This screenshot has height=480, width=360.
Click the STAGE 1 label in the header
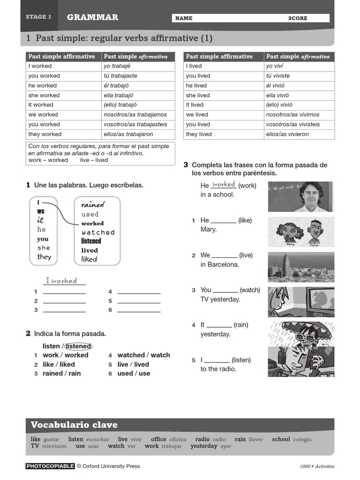[x=38, y=17]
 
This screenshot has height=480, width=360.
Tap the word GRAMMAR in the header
[x=92, y=17]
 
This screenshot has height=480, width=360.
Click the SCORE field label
[x=298, y=18]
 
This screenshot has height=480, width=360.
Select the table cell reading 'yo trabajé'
[x=117, y=66]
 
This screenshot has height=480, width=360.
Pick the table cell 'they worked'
[x=45, y=134]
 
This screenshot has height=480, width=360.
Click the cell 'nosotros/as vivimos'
[x=292, y=114]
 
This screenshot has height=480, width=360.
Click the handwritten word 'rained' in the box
[x=93, y=204]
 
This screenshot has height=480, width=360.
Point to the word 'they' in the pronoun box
[x=44, y=257]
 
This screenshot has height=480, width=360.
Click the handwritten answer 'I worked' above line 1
[x=64, y=281]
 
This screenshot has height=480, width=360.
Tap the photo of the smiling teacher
[x=301, y=196]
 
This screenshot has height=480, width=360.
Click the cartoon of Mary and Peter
[x=301, y=232]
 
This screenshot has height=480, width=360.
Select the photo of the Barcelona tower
[x=301, y=267]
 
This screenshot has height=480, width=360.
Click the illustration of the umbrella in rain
[x=301, y=337]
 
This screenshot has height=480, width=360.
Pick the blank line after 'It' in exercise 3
[x=219, y=326]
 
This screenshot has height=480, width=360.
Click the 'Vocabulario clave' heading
[x=74, y=425]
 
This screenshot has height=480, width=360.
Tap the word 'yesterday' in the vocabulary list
[x=204, y=446]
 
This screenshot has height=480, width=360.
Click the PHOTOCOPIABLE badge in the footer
[x=50, y=466]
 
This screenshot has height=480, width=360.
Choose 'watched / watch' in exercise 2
[x=143, y=355]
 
